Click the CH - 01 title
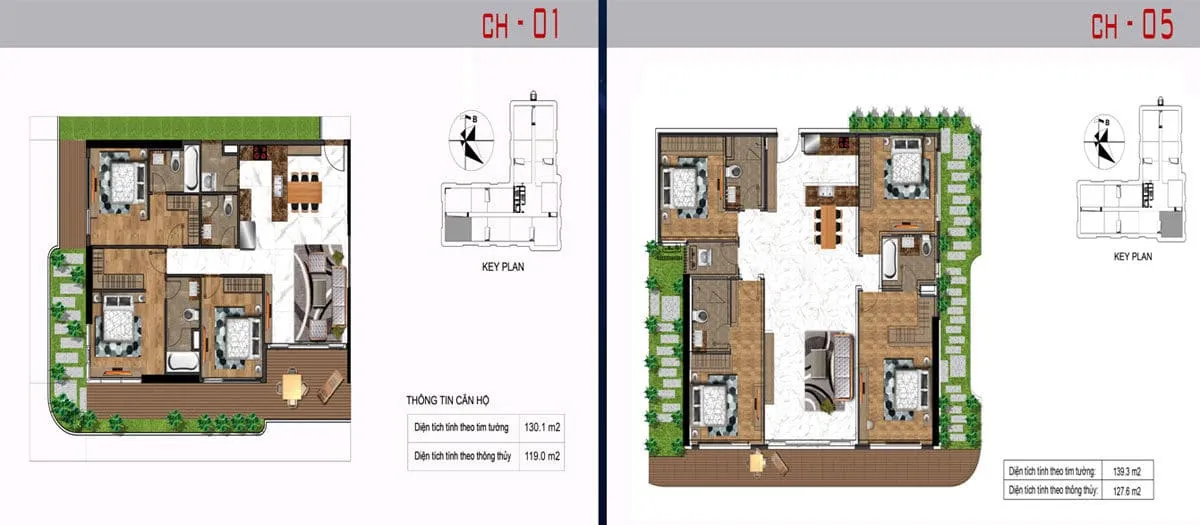(520, 25)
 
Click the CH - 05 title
(1132, 25)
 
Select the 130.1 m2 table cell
(542, 428)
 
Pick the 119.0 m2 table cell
(542, 456)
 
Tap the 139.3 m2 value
(1127, 471)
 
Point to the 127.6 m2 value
(1127, 490)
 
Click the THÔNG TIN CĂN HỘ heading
(447, 400)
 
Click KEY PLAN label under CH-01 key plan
(503, 267)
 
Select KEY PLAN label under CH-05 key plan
(1133, 257)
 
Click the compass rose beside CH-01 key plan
(470, 141)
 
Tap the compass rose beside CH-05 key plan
(1104, 139)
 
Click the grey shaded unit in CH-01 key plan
(458, 229)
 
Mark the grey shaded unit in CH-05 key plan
(1171, 223)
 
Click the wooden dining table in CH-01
(305, 192)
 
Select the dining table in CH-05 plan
(828, 226)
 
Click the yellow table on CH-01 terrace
(292, 386)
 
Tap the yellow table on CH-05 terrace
(758, 462)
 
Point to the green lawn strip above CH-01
(190, 129)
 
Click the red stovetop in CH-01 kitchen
(260, 153)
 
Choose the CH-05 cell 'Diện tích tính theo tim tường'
(1052, 471)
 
